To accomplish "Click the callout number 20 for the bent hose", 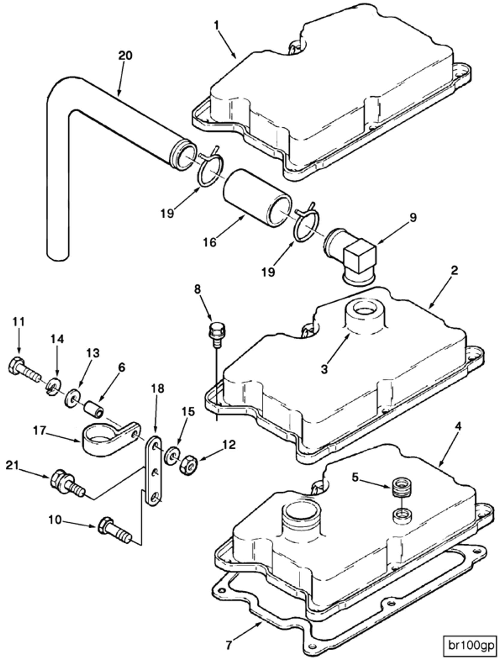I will click(x=125, y=56).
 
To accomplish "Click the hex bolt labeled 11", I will click(x=22, y=369).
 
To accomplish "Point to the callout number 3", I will click(x=324, y=370).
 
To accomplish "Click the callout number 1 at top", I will click(x=217, y=25).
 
